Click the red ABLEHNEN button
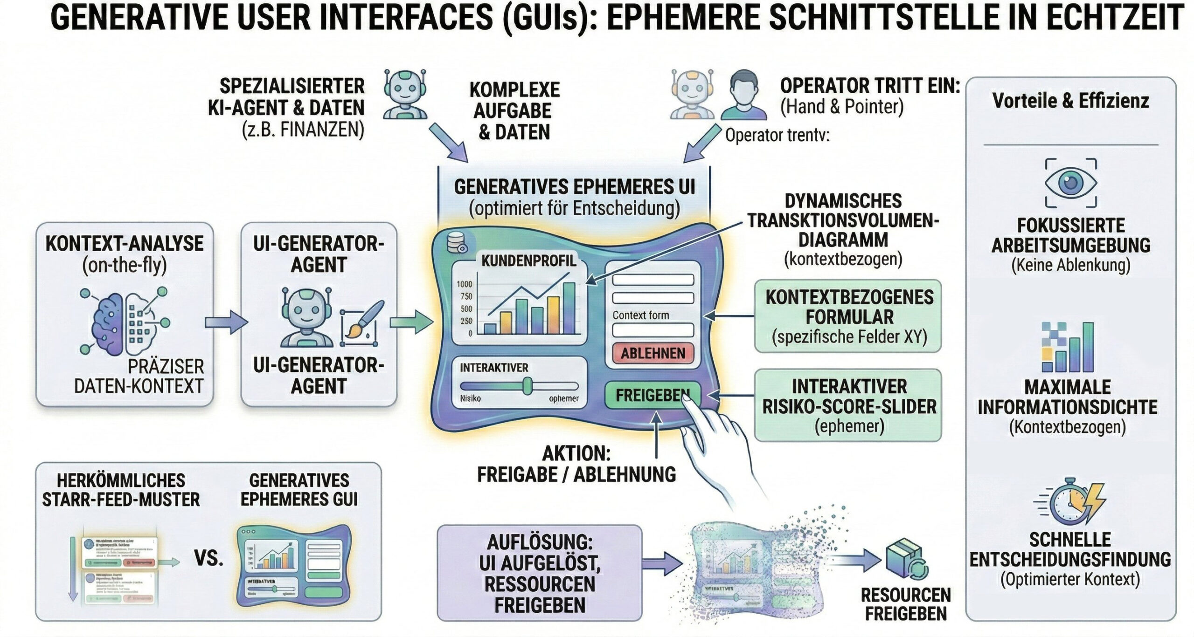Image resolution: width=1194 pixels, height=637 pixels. click(653, 353)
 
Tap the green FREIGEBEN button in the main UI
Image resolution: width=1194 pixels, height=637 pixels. click(652, 396)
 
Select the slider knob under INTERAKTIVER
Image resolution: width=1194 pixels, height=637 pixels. click(527, 386)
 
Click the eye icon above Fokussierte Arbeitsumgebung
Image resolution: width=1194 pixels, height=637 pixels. click(1070, 183)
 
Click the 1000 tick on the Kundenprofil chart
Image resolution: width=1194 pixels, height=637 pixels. click(465, 284)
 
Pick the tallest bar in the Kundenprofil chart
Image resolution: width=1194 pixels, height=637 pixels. click(569, 308)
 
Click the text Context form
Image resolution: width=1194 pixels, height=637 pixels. click(640, 315)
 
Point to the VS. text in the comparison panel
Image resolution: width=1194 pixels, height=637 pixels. click(208, 557)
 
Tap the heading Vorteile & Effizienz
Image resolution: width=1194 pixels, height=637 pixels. click(1070, 101)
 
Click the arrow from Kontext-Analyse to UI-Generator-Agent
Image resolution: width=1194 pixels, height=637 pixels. click(226, 322)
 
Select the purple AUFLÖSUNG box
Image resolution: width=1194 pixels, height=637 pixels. click(540, 573)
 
